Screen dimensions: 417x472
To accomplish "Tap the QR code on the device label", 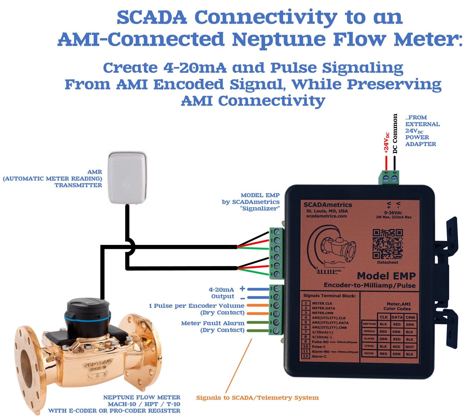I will pos(387,244).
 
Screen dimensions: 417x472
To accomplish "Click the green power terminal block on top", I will pos(389,178).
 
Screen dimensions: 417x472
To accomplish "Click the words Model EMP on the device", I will pos(386,276).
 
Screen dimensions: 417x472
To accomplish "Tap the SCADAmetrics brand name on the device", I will pos(328,205).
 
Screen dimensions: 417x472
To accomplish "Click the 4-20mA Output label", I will pos(222,293).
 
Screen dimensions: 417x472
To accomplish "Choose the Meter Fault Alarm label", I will pos(213,323).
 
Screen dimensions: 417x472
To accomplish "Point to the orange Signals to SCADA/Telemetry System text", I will pos(257,398).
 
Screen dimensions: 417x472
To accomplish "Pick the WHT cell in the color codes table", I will pos(409,347).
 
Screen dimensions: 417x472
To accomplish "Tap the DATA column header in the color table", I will pos(397,317).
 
